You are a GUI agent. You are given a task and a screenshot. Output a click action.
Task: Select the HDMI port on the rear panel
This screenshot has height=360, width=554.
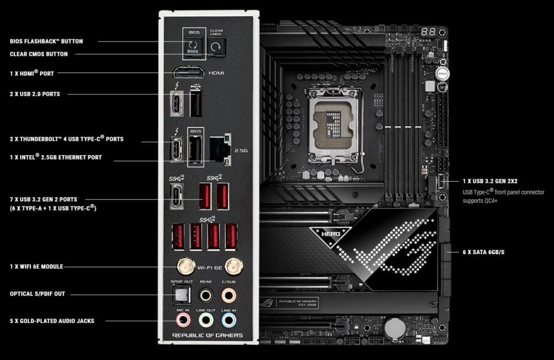coord(188,73)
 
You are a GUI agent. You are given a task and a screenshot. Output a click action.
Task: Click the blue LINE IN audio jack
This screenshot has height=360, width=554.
coord(228,320)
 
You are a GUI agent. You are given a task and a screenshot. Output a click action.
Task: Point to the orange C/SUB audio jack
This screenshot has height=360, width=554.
coord(228,296)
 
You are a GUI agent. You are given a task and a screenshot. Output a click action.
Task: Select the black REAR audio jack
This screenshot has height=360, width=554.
coord(206,296)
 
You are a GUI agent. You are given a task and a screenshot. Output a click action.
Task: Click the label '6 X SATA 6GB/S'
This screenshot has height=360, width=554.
coord(483,253)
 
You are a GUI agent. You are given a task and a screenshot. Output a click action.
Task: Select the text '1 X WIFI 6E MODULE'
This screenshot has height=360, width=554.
coord(37,267)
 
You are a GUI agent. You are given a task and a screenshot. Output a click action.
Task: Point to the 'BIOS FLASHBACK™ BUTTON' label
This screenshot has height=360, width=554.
coord(47,41)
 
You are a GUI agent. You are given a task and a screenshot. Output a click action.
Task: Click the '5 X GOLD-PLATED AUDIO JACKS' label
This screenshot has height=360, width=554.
coord(52,321)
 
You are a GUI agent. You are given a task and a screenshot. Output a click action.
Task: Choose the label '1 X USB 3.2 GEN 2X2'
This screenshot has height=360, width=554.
coord(490,181)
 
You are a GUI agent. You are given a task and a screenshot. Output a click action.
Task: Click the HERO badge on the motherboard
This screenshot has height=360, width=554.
coord(327,234)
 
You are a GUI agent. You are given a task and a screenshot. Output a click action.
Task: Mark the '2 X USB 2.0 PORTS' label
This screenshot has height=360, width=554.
coord(35,94)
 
